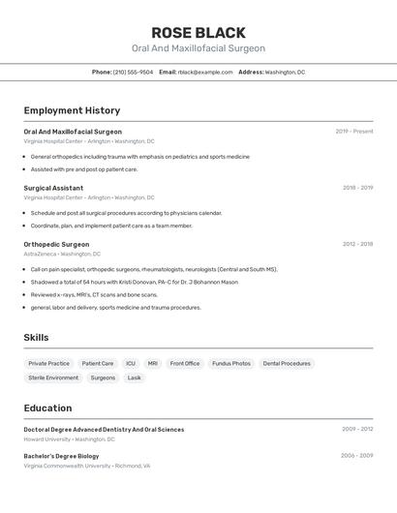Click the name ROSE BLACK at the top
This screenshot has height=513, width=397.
click(198, 32)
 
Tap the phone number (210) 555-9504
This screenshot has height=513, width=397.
click(133, 72)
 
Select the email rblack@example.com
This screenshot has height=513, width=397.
click(205, 72)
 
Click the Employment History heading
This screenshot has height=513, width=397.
click(72, 110)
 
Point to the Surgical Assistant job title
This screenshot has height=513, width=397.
click(53, 188)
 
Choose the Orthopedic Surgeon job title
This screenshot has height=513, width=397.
click(56, 244)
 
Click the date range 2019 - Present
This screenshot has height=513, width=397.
click(354, 132)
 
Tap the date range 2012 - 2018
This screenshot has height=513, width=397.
click(357, 244)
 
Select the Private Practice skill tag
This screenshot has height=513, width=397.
click(48, 363)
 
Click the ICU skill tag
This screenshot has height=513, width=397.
click(131, 363)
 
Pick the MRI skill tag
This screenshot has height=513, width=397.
click(153, 363)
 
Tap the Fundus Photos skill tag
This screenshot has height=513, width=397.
click(231, 363)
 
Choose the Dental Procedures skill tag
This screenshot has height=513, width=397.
click(287, 363)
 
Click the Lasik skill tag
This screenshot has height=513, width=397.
click(135, 377)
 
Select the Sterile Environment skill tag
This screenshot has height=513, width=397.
click(53, 377)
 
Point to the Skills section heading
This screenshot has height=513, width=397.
click(37, 338)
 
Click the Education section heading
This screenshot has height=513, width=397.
click(47, 407)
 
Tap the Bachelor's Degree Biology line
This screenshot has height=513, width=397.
click(61, 456)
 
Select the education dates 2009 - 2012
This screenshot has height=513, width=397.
click(357, 429)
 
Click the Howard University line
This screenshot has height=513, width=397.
click(69, 438)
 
